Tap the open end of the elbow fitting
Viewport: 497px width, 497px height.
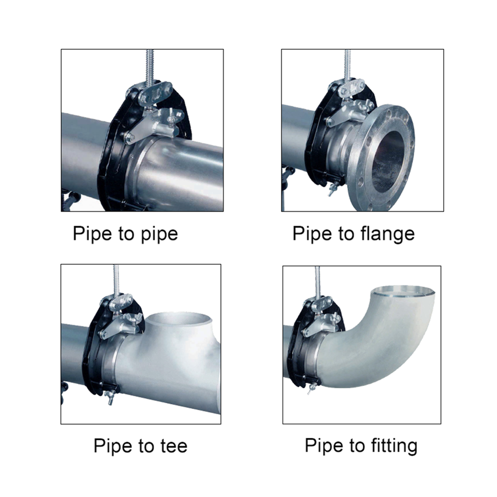tap(404, 290)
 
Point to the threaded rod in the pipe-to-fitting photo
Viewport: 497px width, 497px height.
tap(318, 282)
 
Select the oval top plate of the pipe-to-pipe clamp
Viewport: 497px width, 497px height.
tap(155, 93)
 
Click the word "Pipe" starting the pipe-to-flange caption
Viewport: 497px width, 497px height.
tap(313, 234)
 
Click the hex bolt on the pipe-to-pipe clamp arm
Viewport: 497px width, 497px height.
tap(130, 138)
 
